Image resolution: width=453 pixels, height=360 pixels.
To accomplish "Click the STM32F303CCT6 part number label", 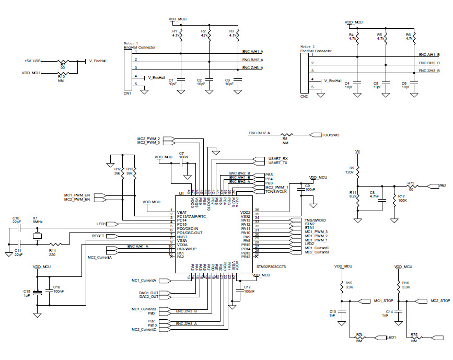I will (271, 266).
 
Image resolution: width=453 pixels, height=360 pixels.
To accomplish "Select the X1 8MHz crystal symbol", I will (37, 237).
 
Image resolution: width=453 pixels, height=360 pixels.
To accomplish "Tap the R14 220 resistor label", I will (52, 252).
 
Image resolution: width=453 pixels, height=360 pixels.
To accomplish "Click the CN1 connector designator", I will (127, 93).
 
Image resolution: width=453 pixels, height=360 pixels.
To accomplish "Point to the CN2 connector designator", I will (304, 96).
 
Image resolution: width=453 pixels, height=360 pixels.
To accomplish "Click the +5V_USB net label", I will (32, 61).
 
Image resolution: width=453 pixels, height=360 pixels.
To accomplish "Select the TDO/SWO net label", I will (331, 134).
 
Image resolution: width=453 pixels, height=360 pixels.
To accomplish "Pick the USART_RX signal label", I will (277, 158).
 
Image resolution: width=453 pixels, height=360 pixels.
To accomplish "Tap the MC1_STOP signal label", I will (384, 301).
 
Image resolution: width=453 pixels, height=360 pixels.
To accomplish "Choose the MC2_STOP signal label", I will (440, 301).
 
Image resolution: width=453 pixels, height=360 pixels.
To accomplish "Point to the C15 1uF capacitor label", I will (26, 293).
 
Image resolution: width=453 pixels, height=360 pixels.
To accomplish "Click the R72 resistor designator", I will (411, 183).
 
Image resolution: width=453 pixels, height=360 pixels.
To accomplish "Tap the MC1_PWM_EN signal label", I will (77, 195).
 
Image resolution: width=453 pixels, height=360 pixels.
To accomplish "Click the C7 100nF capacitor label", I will (183, 155).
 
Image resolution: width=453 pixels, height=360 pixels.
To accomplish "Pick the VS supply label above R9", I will (357, 152).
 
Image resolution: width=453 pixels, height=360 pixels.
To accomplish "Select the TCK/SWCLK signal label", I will (276, 192).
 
